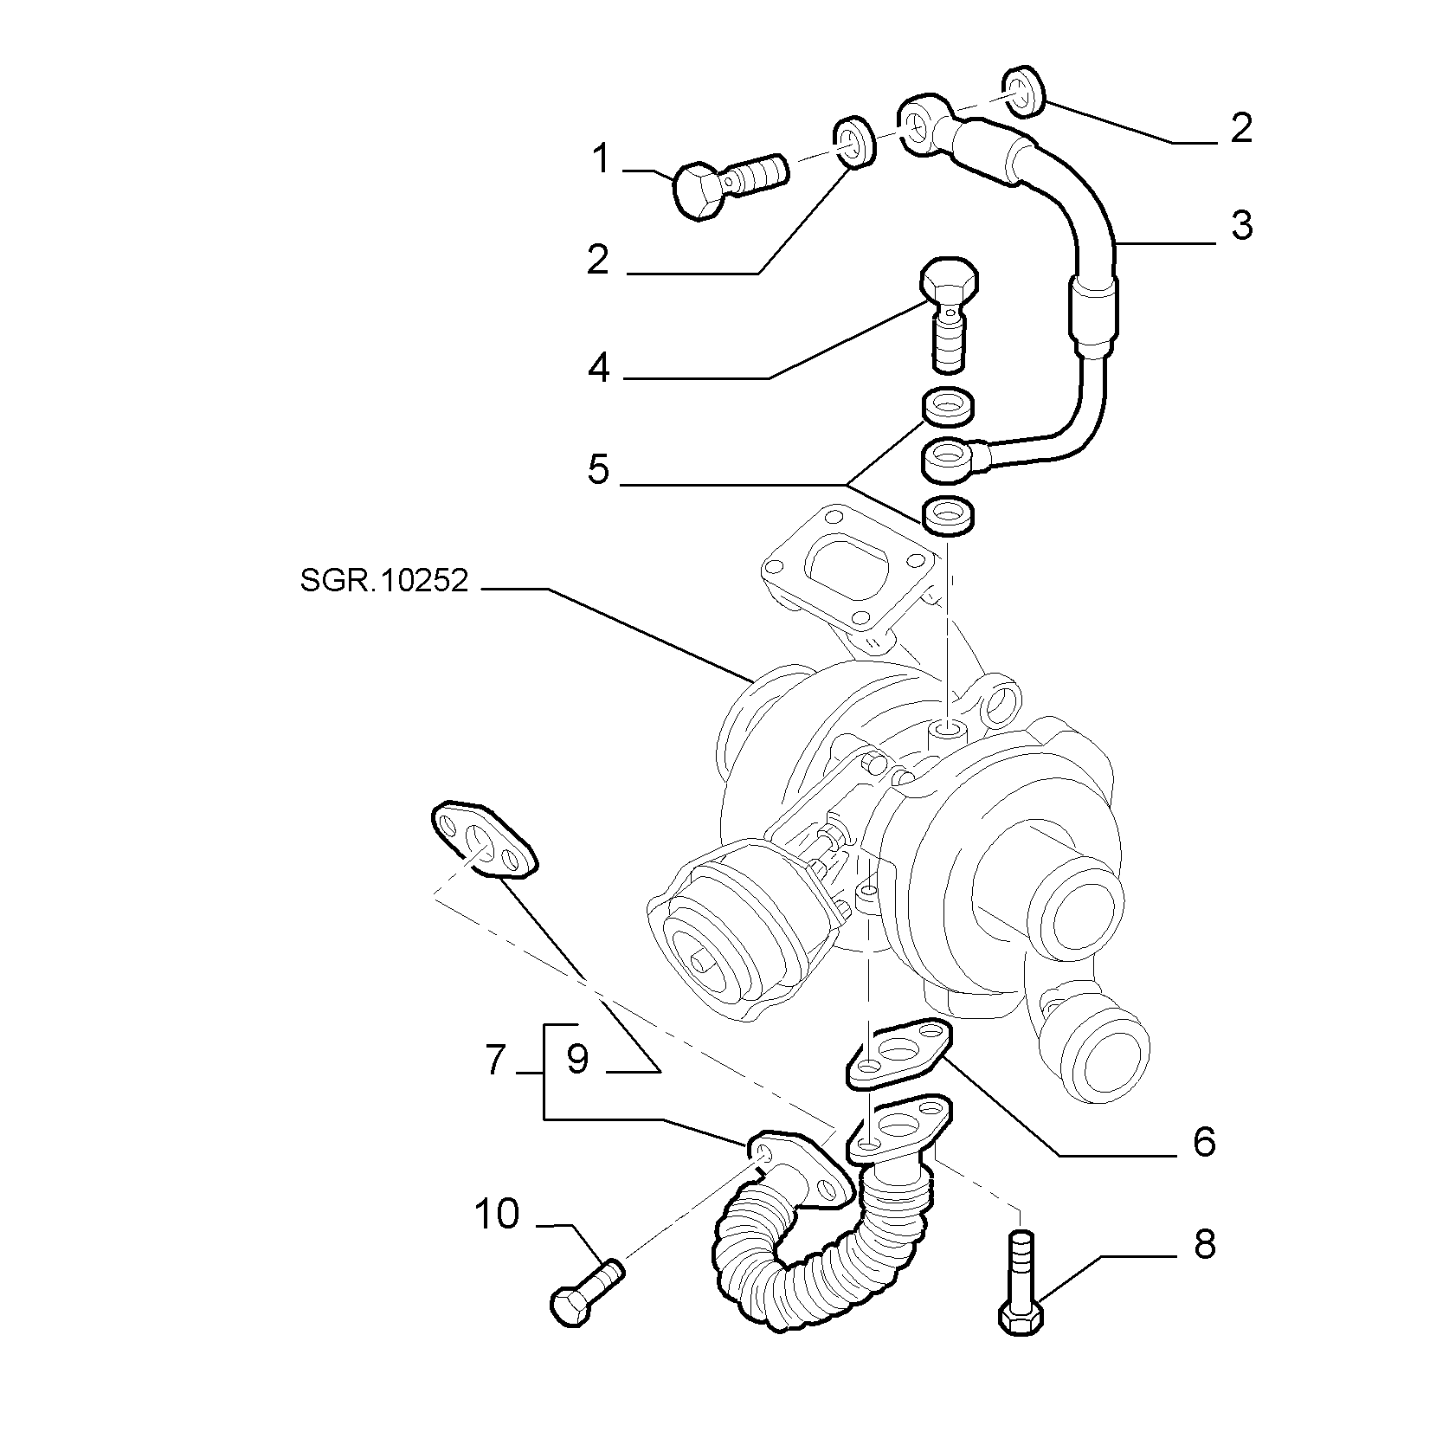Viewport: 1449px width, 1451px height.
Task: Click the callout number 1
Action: click(x=600, y=160)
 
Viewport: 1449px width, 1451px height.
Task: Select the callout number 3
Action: click(x=1241, y=225)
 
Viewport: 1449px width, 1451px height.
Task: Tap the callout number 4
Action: click(x=599, y=370)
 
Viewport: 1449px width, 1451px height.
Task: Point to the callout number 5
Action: click(x=598, y=469)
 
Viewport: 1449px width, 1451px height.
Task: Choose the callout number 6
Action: click(x=1204, y=1142)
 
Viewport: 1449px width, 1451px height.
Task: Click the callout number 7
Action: click(x=494, y=1061)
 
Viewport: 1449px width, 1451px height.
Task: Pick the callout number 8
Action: click(x=1204, y=1244)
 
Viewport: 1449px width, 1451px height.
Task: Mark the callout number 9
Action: click(x=577, y=1061)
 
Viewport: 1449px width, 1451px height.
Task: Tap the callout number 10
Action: click(x=497, y=1214)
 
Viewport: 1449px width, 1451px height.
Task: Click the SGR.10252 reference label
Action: click(x=384, y=579)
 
